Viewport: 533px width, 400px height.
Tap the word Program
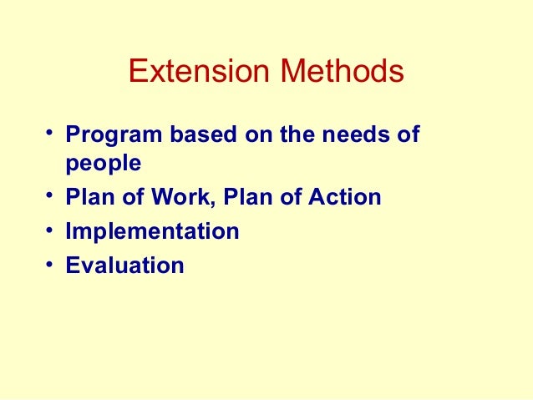(105, 134)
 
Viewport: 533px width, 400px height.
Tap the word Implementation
(152, 231)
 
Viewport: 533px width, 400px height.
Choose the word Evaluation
(124, 266)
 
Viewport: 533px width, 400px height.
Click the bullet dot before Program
(51, 133)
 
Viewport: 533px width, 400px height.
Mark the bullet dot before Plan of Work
(51, 197)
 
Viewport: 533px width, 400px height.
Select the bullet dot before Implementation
(51, 230)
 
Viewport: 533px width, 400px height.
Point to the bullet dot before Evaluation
(51, 265)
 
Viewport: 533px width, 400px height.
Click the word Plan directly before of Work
(87, 198)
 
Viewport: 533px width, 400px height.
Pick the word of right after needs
(405, 134)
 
